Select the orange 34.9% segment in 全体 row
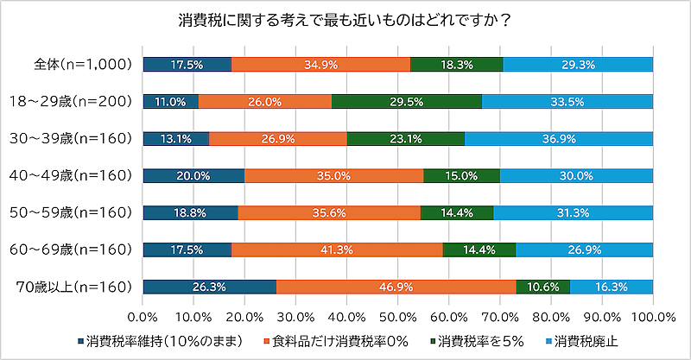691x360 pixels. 320,64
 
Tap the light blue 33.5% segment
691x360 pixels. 567,101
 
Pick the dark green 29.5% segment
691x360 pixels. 407,101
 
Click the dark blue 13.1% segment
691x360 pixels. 176,138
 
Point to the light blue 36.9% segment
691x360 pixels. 559,138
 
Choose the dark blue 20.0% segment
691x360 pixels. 193,175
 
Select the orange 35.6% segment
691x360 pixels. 329,212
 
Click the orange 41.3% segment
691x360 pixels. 337,249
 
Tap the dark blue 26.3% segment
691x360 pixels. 210,287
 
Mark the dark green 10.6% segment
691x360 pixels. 543,287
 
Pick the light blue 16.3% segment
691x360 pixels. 612,287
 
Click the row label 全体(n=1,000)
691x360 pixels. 82,64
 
